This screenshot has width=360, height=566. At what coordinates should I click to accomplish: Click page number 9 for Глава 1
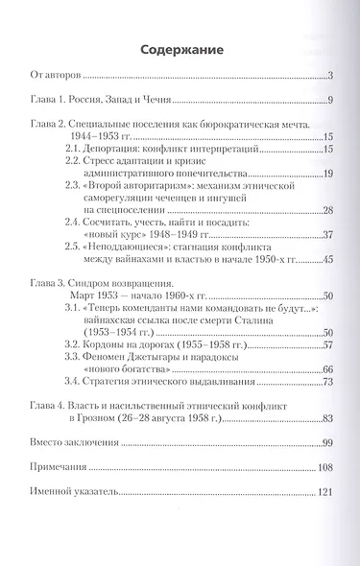328,101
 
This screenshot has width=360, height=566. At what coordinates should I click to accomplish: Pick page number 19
325,173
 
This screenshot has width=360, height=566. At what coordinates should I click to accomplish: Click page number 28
325,209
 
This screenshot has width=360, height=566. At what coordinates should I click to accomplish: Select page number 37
325,234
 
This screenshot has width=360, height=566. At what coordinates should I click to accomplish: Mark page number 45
325,259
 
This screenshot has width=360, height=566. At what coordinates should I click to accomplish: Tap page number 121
323,491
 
